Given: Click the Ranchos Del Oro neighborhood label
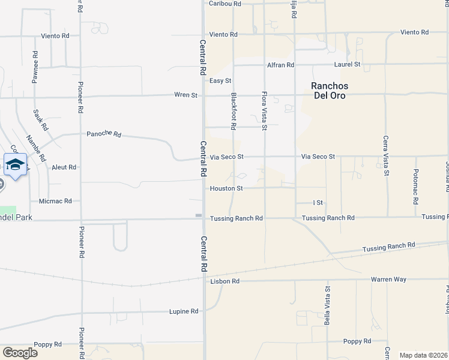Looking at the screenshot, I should (x=330, y=91).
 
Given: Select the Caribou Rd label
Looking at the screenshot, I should (x=224, y=4).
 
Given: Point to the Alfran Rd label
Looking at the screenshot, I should (x=281, y=65).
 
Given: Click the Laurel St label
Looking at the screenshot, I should (x=347, y=64).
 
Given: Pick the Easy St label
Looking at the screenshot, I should (x=220, y=80).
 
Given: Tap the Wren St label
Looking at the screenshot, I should (x=185, y=95).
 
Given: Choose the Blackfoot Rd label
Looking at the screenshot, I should (x=233, y=111).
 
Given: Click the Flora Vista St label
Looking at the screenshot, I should (x=264, y=111).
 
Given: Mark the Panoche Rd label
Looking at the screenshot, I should (x=104, y=134).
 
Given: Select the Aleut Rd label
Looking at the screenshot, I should (x=64, y=167).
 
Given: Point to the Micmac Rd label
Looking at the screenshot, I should (x=55, y=201).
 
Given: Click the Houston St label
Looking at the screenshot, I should (x=226, y=188).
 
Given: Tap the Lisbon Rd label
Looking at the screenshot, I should (x=225, y=281).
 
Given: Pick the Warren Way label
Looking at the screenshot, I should (x=388, y=279).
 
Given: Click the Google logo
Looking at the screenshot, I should (x=20, y=353).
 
